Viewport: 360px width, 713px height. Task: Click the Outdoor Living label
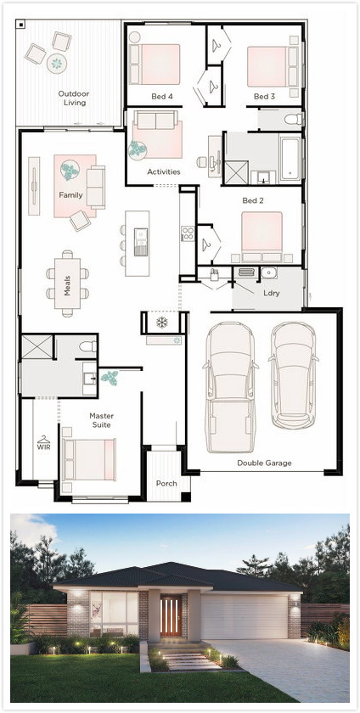pyautogui.click(x=74, y=98)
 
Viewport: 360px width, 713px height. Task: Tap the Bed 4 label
pyautogui.click(x=162, y=97)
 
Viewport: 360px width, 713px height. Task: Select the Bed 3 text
pyautogui.click(x=264, y=97)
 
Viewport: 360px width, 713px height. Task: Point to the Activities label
pyautogui.click(x=163, y=171)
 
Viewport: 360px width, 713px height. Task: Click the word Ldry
pyautogui.click(x=271, y=294)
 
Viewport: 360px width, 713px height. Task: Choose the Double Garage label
pyautogui.click(x=264, y=463)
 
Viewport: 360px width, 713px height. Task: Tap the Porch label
pyautogui.click(x=166, y=483)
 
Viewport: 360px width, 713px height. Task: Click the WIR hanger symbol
pyautogui.click(x=43, y=440)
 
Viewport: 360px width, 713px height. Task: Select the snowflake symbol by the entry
pyautogui.click(x=161, y=323)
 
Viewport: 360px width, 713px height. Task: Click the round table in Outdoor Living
pyautogui.click(x=57, y=63)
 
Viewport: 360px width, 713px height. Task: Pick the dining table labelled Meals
pyautogui.click(x=67, y=284)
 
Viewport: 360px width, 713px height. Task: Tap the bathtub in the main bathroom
pyautogui.click(x=290, y=157)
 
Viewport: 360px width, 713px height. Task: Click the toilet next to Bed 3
pyautogui.click(x=293, y=119)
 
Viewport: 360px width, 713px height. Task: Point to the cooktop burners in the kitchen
pyautogui.click(x=188, y=233)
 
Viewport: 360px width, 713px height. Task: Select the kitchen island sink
pyautogui.click(x=141, y=241)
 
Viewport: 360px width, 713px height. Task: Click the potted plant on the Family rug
pyautogui.click(x=70, y=171)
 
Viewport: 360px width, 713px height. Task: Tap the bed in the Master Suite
pyautogui.click(x=89, y=459)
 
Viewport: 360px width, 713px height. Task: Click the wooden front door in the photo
pyautogui.click(x=171, y=616)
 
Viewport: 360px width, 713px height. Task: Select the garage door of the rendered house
pyautogui.click(x=244, y=616)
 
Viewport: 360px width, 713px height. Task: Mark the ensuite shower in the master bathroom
pyautogui.click(x=37, y=347)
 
